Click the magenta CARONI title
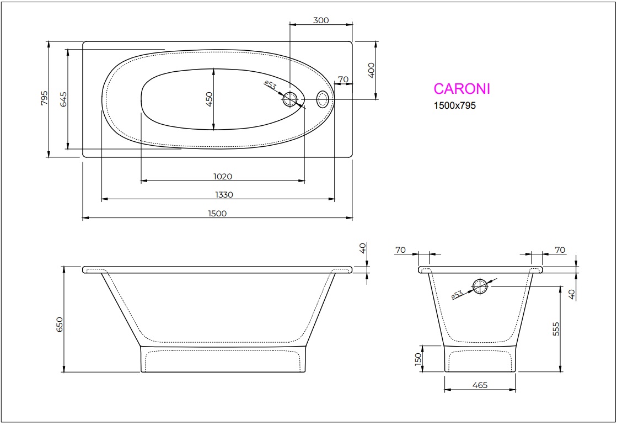click(462, 89)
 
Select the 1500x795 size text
click(454, 105)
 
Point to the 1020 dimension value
click(222, 177)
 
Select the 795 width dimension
click(45, 99)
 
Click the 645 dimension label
click(63, 99)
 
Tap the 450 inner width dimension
click(209, 99)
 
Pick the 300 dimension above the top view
click(320, 20)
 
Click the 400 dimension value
click(371, 70)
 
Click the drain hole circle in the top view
click(290, 100)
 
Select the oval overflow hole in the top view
click(323, 99)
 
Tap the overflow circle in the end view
click(480, 286)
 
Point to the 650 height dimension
click(60, 324)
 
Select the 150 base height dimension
click(418, 359)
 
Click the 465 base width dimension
click(480, 385)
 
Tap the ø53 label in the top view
click(270, 85)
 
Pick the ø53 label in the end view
click(457, 295)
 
